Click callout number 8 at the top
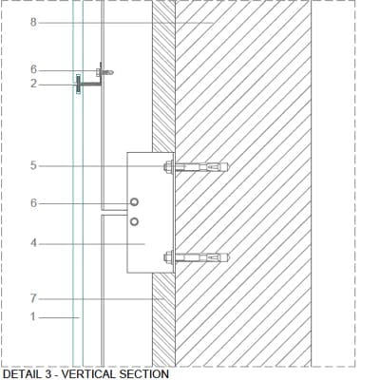(x=33, y=23)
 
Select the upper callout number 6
(x=33, y=69)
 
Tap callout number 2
(x=33, y=84)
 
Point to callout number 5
(x=33, y=165)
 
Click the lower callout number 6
(x=33, y=203)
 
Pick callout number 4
(x=33, y=243)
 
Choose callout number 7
(x=33, y=298)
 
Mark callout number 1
(x=33, y=316)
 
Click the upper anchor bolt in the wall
(x=197, y=166)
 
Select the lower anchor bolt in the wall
(x=197, y=257)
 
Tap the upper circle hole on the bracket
(x=134, y=202)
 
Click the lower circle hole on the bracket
(x=134, y=221)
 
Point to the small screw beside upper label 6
(x=104, y=72)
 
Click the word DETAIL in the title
(x=22, y=374)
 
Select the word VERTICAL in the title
(x=89, y=374)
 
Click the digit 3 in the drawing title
(x=47, y=374)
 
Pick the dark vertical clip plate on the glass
(x=78, y=85)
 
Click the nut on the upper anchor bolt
(x=168, y=166)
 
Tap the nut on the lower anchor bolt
(x=168, y=257)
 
